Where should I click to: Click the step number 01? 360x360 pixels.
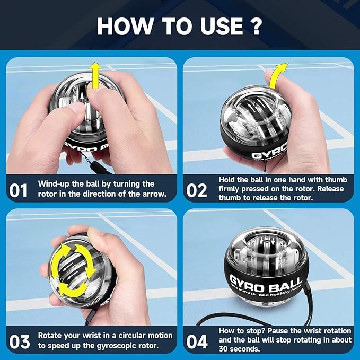click(x=19, y=189)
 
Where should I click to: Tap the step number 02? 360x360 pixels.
click(x=197, y=189)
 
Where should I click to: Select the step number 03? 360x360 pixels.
click(x=19, y=341)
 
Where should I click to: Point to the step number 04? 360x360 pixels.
click(x=197, y=341)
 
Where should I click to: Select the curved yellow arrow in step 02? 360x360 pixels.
click(x=278, y=74)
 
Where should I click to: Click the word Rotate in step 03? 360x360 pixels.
click(x=51, y=336)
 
